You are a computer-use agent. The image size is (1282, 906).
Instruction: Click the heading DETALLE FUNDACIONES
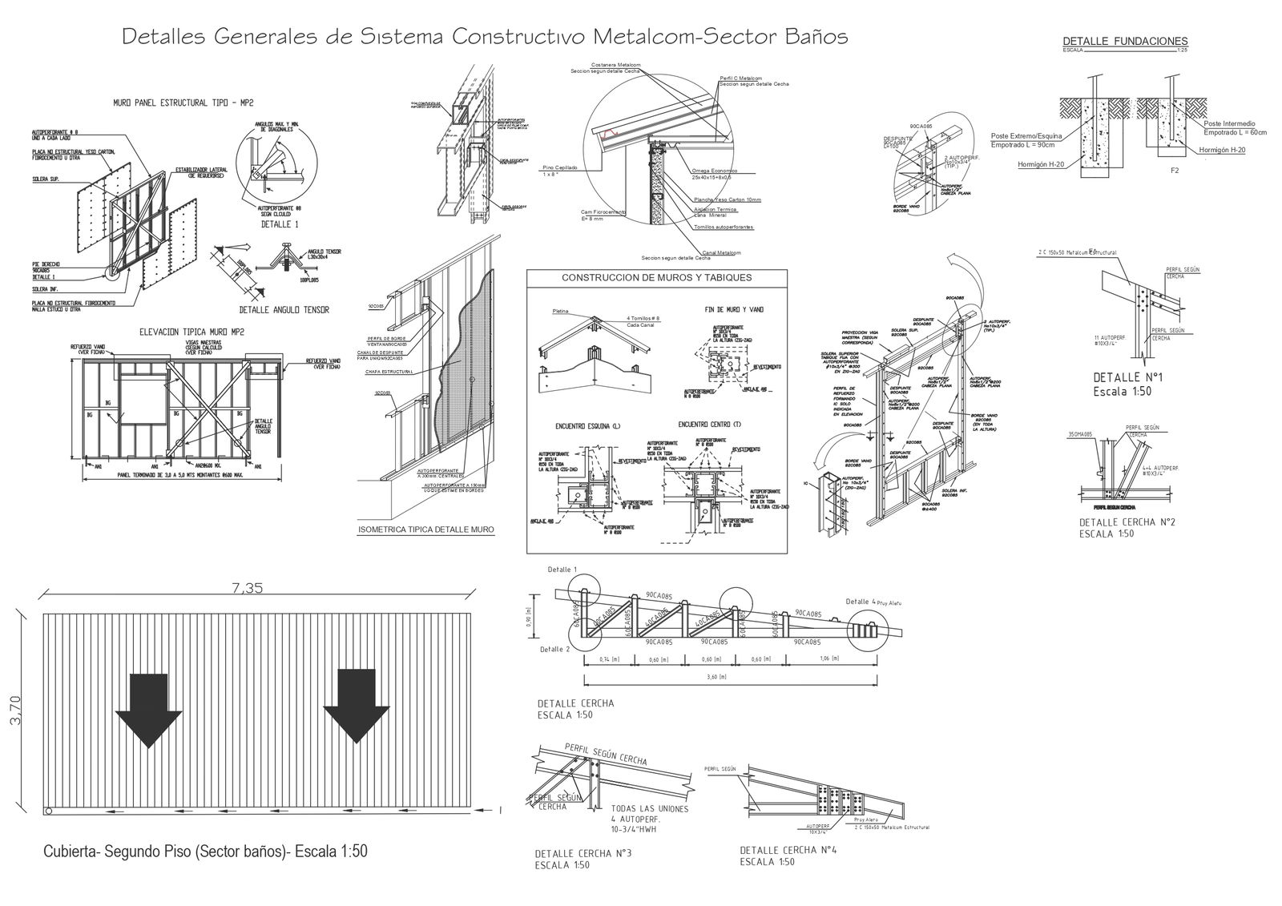point(1125,42)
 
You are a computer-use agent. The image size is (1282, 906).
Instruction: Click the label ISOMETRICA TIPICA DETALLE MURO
point(426,530)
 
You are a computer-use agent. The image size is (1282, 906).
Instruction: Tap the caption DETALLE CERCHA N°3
point(583,854)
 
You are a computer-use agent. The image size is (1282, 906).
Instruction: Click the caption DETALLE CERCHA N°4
point(788,851)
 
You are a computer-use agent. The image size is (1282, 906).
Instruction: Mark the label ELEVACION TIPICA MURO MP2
point(191,331)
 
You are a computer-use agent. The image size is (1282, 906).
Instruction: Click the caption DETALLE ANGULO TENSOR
point(284,309)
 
